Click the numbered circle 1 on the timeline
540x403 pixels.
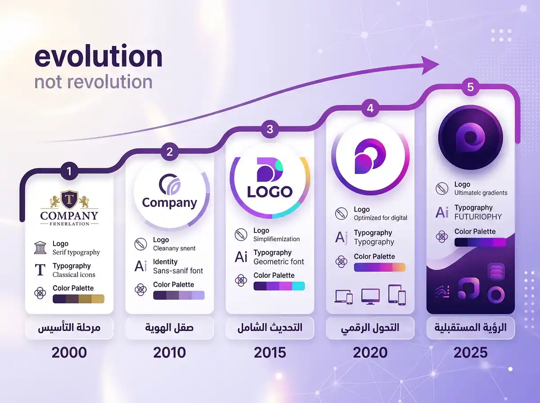(69, 171)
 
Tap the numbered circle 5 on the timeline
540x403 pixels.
(470, 87)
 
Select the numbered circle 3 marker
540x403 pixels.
(270, 130)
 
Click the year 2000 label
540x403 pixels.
(69, 352)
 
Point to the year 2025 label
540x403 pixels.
(470, 352)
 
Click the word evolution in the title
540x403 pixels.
(98, 57)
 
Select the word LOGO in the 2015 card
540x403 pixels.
(270, 192)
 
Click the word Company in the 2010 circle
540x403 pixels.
(170, 202)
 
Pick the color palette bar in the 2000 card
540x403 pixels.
(78, 299)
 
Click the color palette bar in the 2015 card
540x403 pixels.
(279, 286)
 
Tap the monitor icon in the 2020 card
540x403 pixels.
(370, 296)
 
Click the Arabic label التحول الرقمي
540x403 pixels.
(370, 328)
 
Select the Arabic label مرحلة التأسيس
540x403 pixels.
(69, 328)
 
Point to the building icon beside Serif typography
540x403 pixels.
(40, 247)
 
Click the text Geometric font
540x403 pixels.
(279, 261)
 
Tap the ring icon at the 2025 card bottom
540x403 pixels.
(496, 295)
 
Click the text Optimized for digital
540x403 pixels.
(380, 218)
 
